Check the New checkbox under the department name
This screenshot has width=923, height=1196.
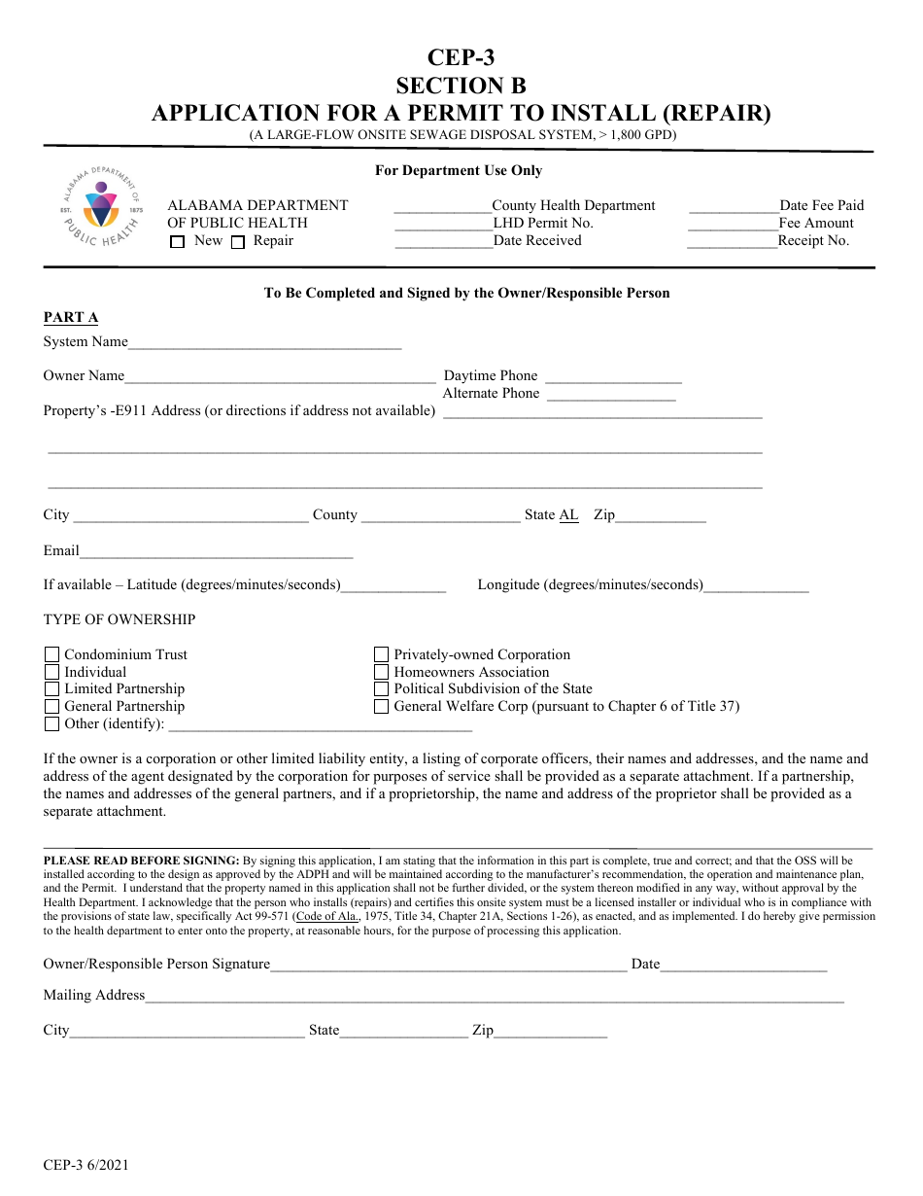pyautogui.click(x=177, y=243)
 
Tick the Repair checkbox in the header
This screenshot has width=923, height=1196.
pyautogui.click(x=238, y=243)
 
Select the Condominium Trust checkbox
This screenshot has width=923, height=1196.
pyautogui.click(x=52, y=654)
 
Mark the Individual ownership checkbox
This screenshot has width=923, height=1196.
pyautogui.click(x=52, y=672)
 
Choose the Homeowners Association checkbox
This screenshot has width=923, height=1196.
pyautogui.click(x=382, y=672)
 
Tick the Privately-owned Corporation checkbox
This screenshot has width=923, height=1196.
pyautogui.click(x=382, y=654)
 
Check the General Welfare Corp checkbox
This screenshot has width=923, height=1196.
pyautogui.click(x=382, y=707)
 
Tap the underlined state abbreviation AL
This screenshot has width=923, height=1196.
pyautogui.click(x=568, y=514)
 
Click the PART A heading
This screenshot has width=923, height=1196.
pyautogui.click(x=71, y=317)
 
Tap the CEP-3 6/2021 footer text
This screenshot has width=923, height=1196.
pyautogui.click(x=85, y=1165)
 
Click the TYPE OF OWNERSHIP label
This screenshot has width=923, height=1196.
pyautogui.click(x=120, y=619)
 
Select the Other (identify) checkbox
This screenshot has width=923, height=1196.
pyautogui.click(x=52, y=724)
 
